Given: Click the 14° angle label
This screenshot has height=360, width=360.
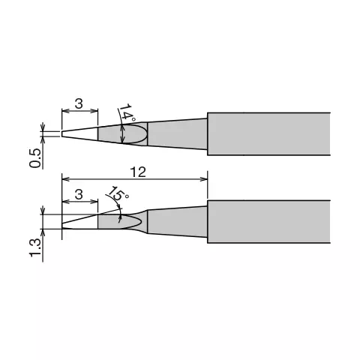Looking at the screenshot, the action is tap(127, 113).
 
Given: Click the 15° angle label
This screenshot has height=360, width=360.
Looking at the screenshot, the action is tap(118, 193).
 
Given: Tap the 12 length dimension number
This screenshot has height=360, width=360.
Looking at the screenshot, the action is tap(138, 172).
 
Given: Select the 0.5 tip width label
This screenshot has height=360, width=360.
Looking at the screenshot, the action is tap(34, 158).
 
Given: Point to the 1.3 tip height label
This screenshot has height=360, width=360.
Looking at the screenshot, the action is tap(34, 247).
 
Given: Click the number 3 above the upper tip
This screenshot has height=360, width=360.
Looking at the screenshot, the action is tap(79, 103).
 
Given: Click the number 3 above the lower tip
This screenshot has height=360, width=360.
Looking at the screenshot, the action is tap(79, 194).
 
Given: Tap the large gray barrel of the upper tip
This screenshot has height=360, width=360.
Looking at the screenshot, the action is tap(269, 133).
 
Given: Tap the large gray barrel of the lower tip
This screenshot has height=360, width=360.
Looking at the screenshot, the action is tap(269, 221).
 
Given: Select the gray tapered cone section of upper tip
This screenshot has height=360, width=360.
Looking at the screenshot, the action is tap(177, 134).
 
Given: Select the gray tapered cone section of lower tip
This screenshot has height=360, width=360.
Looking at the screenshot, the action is tap(177, 222).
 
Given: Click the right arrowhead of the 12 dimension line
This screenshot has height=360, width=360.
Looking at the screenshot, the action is tap(204, 178).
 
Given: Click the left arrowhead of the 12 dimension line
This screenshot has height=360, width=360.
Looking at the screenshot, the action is tap(65, 178).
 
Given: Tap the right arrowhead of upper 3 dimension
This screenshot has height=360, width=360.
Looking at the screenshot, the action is tap(94, 111).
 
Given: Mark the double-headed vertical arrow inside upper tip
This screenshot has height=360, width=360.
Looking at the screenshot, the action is tap(122, 134).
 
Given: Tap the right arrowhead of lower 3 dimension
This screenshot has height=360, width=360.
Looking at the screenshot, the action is tap(94, 202).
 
